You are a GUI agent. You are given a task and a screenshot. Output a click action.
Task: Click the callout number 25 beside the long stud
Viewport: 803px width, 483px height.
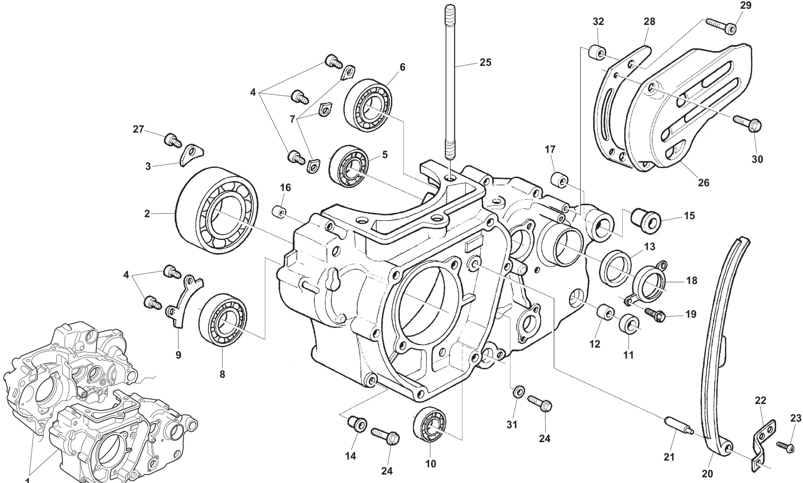[x=485, y=63]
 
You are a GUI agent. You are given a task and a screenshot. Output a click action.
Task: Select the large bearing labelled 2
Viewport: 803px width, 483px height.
[x=217, y=209]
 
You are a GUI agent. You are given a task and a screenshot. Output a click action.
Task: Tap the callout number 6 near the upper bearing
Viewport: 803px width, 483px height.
[x=402, y=68]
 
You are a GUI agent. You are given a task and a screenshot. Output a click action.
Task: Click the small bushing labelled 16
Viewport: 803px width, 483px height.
[x=279, y=211]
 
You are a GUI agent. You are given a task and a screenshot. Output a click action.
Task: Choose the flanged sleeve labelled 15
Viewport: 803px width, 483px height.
[x=646, y=220]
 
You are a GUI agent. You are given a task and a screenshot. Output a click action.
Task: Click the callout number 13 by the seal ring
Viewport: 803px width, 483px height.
[x=650, y=246]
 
